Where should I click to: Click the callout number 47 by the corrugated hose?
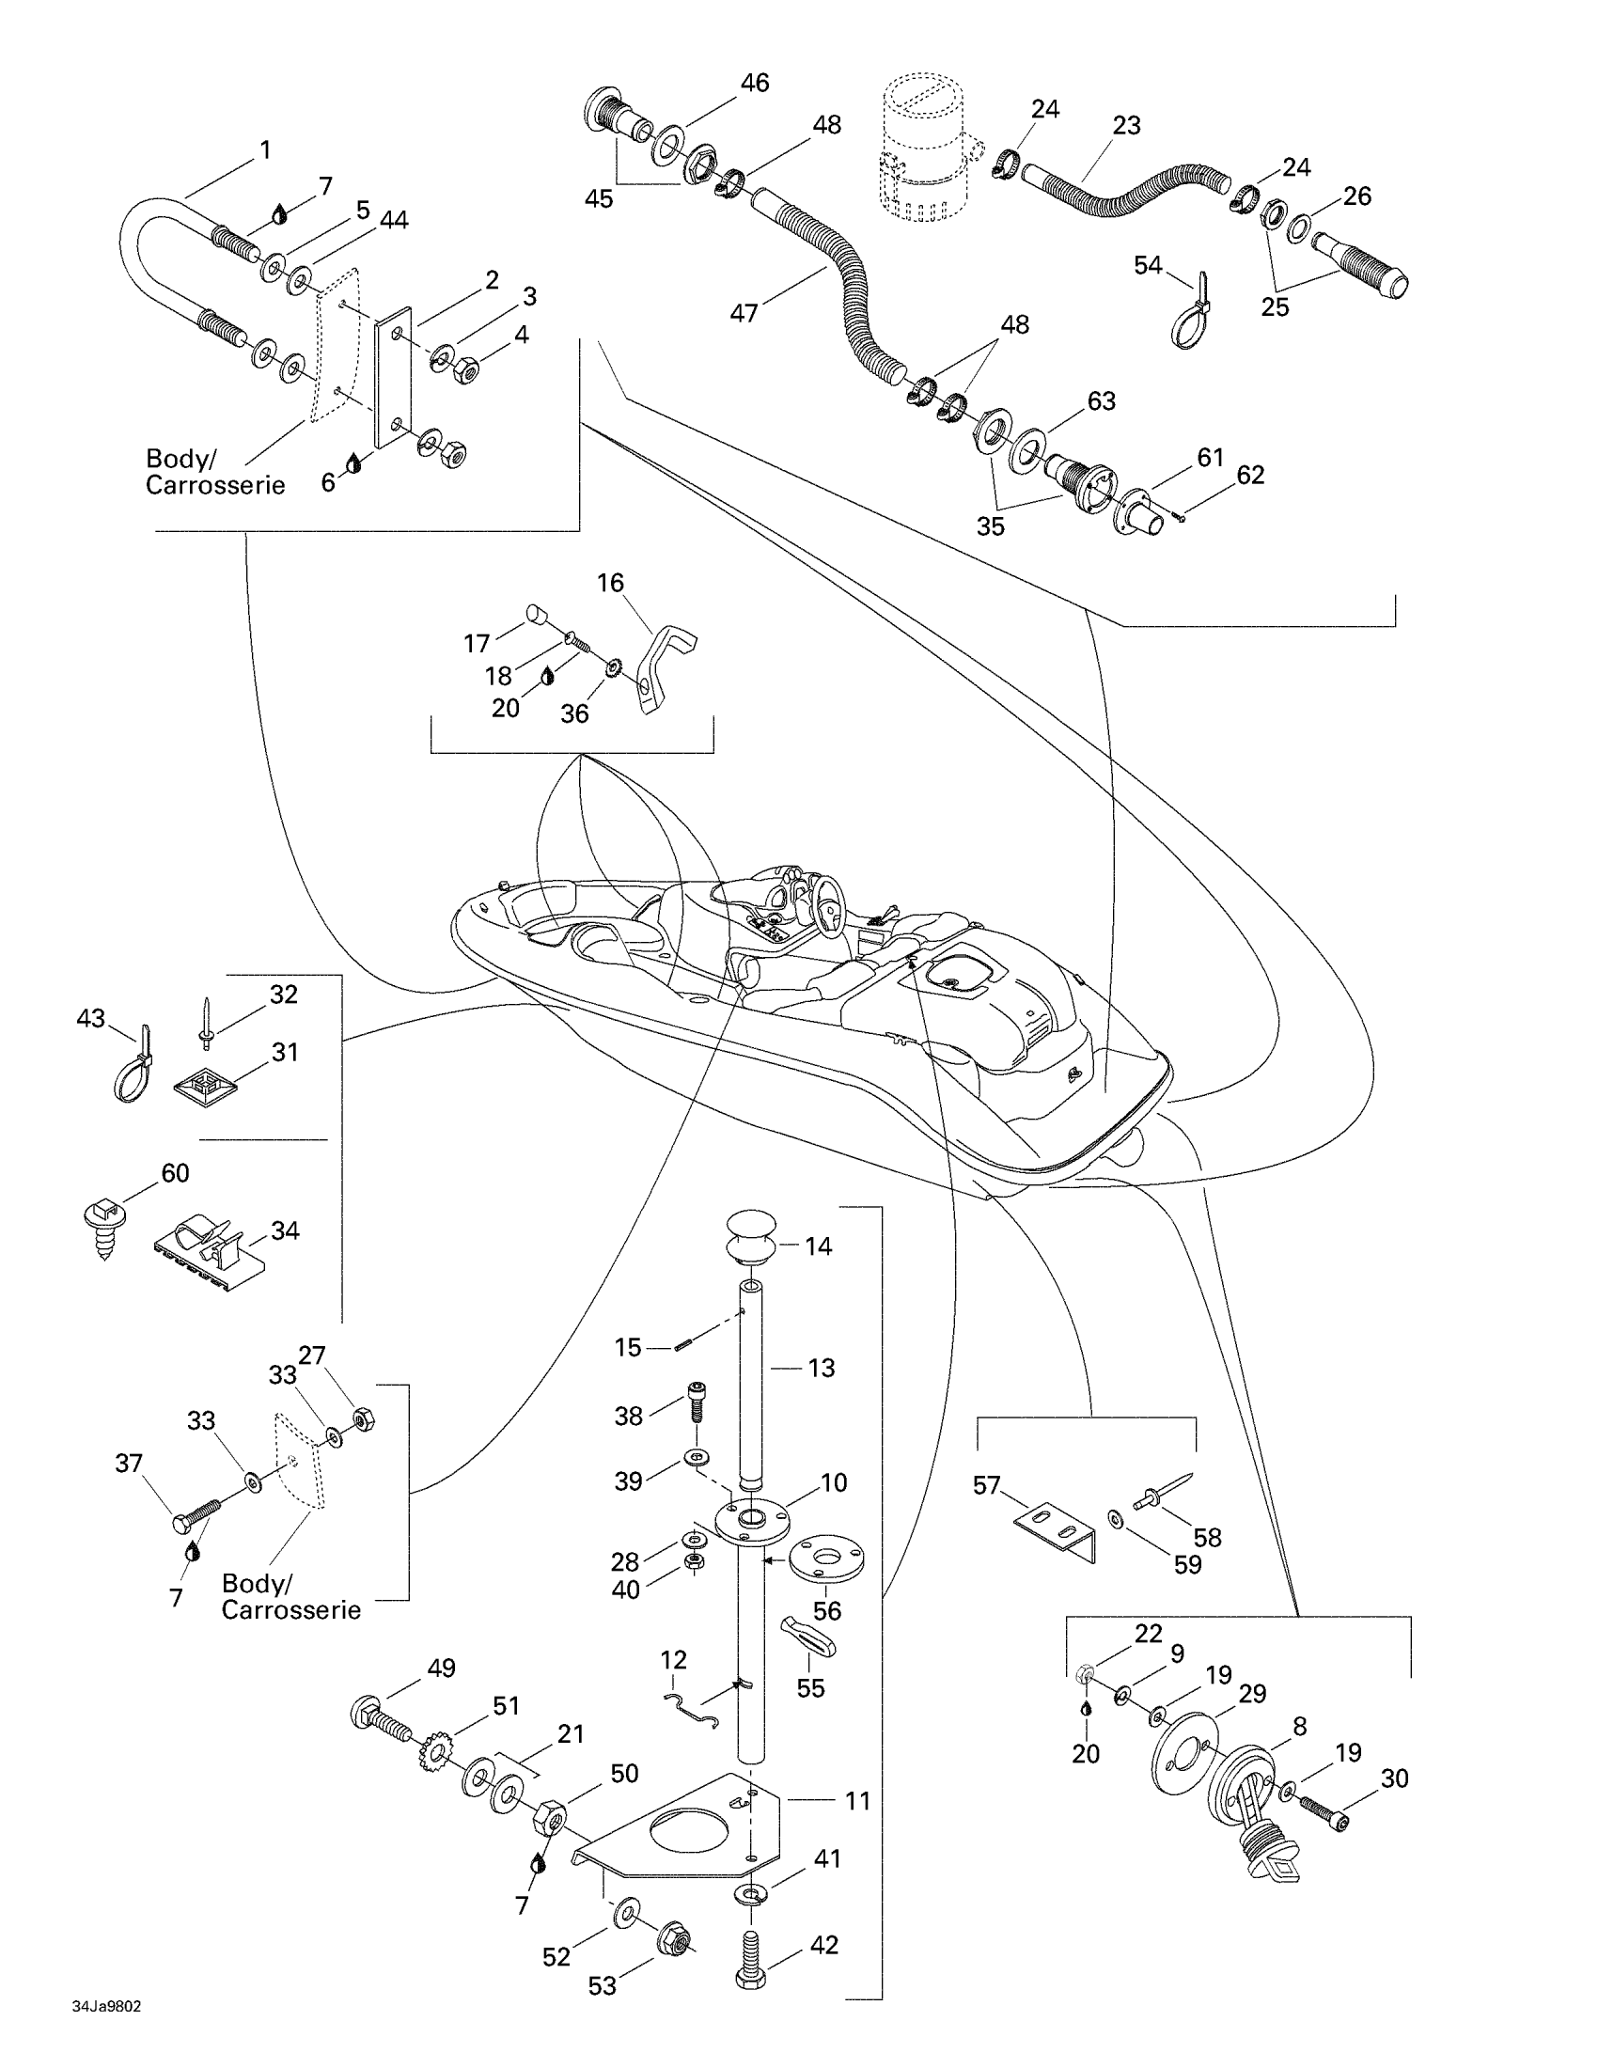(x=744, y=311)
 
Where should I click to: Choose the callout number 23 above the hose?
(x=1126, y=125)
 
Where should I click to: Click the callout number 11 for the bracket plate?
(x=857, y=1800)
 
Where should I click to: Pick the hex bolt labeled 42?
(x=750, y=1966)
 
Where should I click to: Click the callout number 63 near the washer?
(x=1101, y=400)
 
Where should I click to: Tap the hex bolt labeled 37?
(x=196, y=1517)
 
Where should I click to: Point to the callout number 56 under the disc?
(x=826, y=1609)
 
